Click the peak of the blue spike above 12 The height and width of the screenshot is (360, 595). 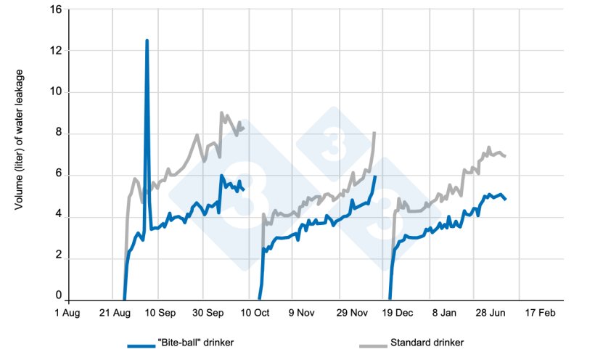coord(147,41)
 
